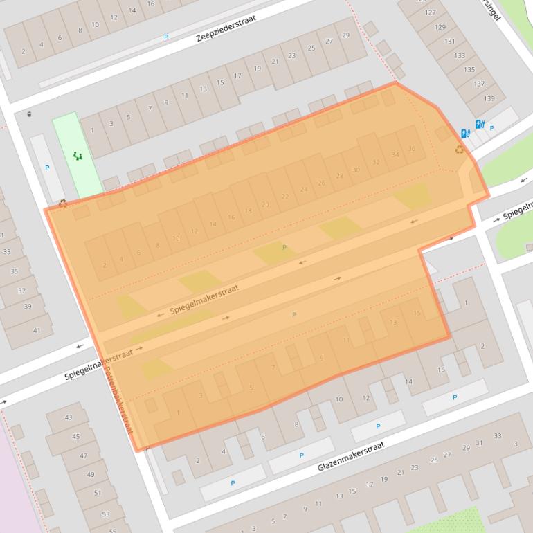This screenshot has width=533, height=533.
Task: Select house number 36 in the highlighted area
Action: [x=412, y=149]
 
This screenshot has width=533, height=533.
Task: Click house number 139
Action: [x=489, y=98]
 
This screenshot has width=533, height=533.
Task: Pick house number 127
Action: [x=431, y=12]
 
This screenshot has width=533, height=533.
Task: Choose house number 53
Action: [x=106, y=514]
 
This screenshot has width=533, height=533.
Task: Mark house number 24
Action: [x=303, y=189]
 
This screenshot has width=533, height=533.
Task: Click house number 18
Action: [x=248, y=210]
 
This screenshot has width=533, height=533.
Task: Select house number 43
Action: [x=68, y=417]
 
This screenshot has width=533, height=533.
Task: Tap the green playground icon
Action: [x=78, y=156]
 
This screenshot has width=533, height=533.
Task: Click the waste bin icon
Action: [x=29, y=114]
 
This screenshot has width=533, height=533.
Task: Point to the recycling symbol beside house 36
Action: [x=459, y=149]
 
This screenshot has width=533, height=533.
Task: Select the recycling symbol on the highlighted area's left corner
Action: [x=63, y=204]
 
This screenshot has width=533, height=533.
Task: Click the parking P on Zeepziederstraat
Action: [x=166, y=37]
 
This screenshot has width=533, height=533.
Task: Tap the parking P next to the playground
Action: [x=47, y=168]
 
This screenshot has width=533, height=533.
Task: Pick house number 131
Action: [x=450, y=41]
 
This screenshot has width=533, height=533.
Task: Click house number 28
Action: [x=339, y=176]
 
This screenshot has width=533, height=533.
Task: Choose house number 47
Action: [x=83, y=455]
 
